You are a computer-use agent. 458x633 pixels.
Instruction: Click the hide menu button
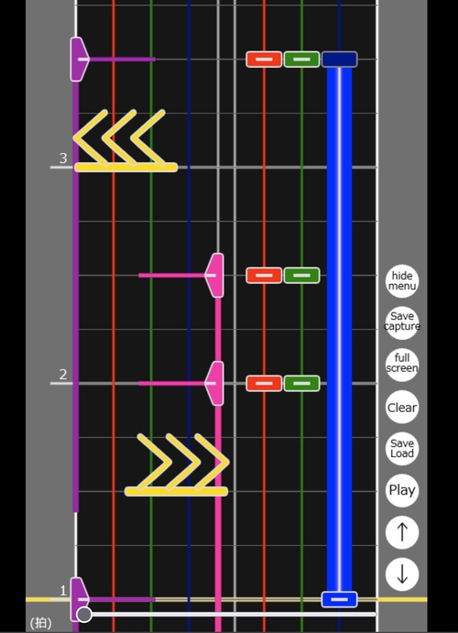click(402, 281)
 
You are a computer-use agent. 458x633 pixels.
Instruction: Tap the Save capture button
click(402, 323)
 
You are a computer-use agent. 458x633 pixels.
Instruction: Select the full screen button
click(402, 366)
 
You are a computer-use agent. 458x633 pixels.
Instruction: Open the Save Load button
click(402, 449)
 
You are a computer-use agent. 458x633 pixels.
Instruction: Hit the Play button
click(402, 490)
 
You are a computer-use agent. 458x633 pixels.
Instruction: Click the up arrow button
click(402, 532)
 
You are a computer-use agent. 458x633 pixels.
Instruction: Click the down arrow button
click(402, 574)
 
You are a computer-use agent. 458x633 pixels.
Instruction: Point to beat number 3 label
click(63, 158)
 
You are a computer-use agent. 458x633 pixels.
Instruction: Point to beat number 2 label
click(63, 375)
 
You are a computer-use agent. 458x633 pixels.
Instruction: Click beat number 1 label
click(63, 591)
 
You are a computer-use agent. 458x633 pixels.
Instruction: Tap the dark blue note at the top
click(339, 60)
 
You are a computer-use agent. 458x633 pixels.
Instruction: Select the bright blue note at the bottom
click(339, 599)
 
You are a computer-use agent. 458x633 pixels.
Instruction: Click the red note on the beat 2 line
click(264, 384)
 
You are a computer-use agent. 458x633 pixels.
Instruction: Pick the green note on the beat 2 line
click(302, 384)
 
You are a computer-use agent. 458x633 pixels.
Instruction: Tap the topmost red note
click(264, 60)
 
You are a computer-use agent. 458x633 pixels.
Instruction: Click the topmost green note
click(302, 60)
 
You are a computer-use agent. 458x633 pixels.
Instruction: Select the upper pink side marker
click(215, 276)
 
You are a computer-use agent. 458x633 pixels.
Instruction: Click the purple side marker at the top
click(79, 60)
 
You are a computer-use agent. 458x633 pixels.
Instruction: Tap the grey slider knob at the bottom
click(84, 615)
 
